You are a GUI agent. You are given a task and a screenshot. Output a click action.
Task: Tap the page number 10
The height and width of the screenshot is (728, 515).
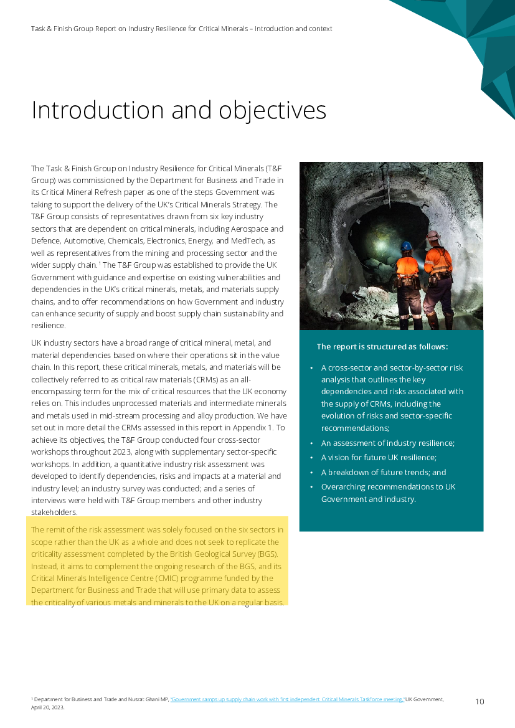[x=480, y=702]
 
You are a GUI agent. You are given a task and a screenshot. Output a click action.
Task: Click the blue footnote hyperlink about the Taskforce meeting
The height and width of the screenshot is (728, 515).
[x=287, y=700]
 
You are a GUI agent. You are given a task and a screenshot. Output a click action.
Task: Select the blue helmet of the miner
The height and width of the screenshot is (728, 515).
[x=406, y=245]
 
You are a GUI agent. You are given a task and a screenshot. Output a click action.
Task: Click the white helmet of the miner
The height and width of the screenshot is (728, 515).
[x=432, y=235]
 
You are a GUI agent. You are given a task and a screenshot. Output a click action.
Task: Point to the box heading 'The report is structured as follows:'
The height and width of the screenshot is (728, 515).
[x=382, y=347]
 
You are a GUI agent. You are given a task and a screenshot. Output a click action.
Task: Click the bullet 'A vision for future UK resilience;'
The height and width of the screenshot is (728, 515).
[x=379, y=457]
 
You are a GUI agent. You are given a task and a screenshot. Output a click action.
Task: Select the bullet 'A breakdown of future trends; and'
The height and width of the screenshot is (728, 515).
[x=384, y=472]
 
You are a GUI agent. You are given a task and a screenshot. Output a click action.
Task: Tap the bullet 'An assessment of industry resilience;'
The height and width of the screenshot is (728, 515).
[x=388, y=443]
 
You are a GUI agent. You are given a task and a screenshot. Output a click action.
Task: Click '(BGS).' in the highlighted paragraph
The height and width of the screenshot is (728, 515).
[x=267, y=554]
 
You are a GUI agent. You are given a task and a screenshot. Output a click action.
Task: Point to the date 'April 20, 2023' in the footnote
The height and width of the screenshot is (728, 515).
[x=47, y=707]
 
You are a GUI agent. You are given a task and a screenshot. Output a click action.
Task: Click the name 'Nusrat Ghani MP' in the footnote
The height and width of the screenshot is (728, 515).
[x=147, y=700]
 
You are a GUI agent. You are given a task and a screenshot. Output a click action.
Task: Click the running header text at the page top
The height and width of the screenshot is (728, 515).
[x=181, y=29]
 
